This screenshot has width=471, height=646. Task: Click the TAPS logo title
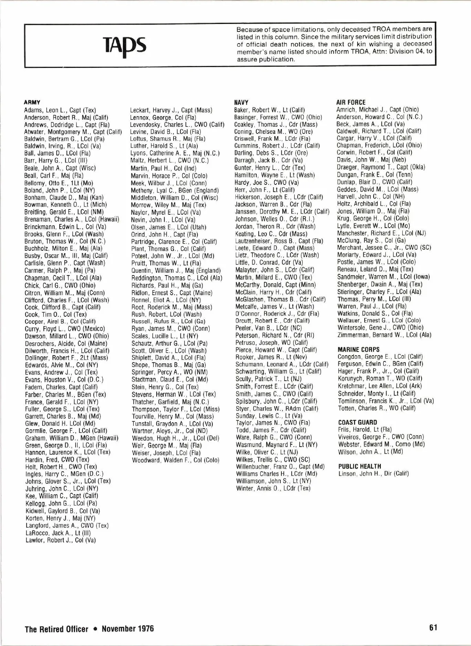coord(124,44)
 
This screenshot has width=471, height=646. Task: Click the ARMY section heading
coord(32,102)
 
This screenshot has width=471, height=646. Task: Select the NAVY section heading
coord(241,102)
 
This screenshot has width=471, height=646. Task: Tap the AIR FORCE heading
coord(351,102)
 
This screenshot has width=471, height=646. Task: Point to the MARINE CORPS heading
coord(358,349)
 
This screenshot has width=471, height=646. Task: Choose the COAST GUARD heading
coord(357,422)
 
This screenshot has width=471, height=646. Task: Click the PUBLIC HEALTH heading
coord(360,466)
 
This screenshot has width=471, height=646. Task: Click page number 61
coord(433,627)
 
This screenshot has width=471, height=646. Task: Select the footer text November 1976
coord(128,629)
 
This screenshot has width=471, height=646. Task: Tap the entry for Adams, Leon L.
coord(60,110)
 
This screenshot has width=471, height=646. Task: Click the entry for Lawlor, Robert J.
coord(60,540)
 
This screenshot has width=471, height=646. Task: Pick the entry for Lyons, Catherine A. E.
coord(175,153)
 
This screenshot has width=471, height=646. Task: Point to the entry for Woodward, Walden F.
coord(175,460)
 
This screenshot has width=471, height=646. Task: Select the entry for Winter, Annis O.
coord(273,488)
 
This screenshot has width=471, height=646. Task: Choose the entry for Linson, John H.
coord(373,473)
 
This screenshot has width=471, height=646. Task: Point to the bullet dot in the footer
coord(95,629)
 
